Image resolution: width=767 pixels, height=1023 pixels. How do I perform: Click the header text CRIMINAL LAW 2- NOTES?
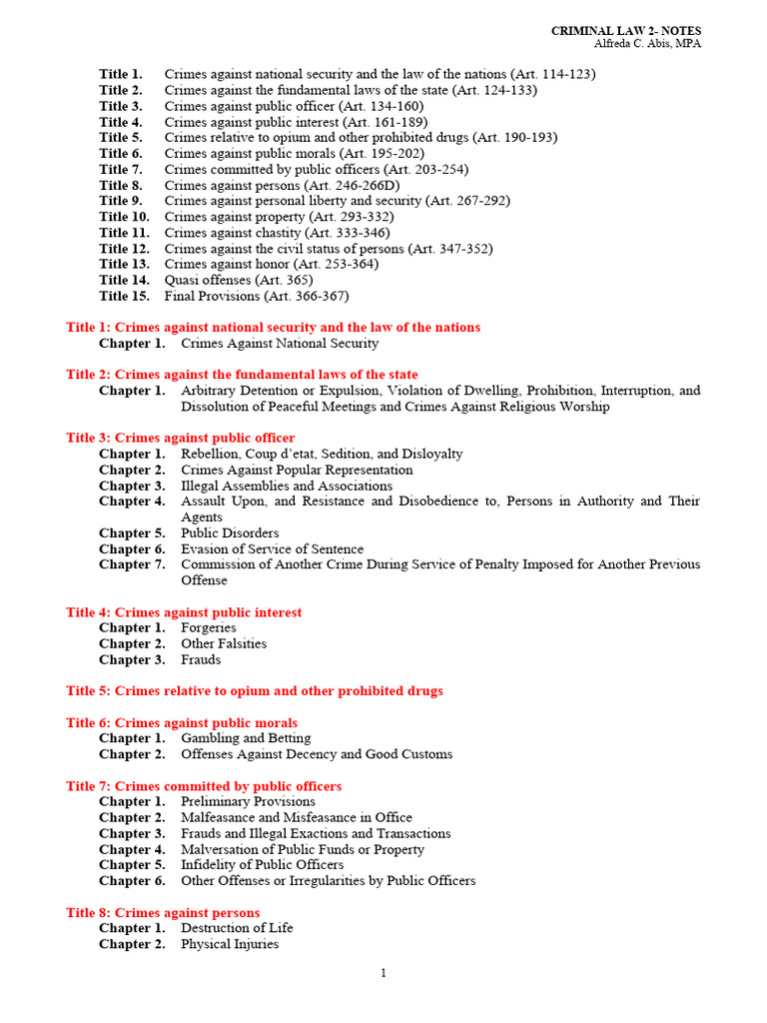pyautogui.click(x=626, y=32)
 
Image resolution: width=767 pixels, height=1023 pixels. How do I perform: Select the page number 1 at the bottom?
pyautogui.click(x=383, y=975)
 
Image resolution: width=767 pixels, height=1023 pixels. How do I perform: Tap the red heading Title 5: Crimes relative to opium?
pyautogui.click(x=255, y=691)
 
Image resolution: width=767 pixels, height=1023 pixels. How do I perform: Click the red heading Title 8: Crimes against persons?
pyautogui.click(x=163, y=913)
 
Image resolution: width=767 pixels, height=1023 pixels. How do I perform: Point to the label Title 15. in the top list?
pyautogui.click(x=124, y=297)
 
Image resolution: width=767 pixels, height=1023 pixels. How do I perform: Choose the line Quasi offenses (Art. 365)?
pyautogui.click(x=239, y=281)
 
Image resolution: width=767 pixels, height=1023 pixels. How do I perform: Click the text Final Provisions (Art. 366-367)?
pyautogui.click(x=257, y=297)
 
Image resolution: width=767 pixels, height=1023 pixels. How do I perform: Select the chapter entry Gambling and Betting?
pyautogui.click(x=246, y=738)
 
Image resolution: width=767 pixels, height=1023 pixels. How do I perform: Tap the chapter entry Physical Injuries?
pyautogui.click(x=230, y=944)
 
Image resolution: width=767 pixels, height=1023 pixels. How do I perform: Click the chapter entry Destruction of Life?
pyautogui.click(x=237, y=928)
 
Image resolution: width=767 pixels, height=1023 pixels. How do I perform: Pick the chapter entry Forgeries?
pyautogui.click(x=209, y=628)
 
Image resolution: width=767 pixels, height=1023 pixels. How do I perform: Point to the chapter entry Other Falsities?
pyautogui.click(x=224, y=644)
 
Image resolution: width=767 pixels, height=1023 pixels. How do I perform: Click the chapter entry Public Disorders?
pyautogui.click(x=230, y=533)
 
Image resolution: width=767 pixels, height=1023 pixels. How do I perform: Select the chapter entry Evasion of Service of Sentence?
pyautogui.click(x=272, y=549)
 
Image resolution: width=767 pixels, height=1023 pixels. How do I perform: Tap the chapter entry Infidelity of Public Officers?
pyautogui.click(x=262, y=865)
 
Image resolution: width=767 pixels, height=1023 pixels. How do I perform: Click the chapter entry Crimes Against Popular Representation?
pyautogui.click(x=297, y=470)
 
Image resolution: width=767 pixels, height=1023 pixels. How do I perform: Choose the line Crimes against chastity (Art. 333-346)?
pyautogui.click(x=279, y=233)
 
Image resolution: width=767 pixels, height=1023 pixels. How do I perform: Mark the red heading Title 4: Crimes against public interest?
pyautogui.click(x=184, y=612)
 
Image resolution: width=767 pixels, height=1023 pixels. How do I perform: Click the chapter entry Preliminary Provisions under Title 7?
pyautogui.click(x=248, y=801)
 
